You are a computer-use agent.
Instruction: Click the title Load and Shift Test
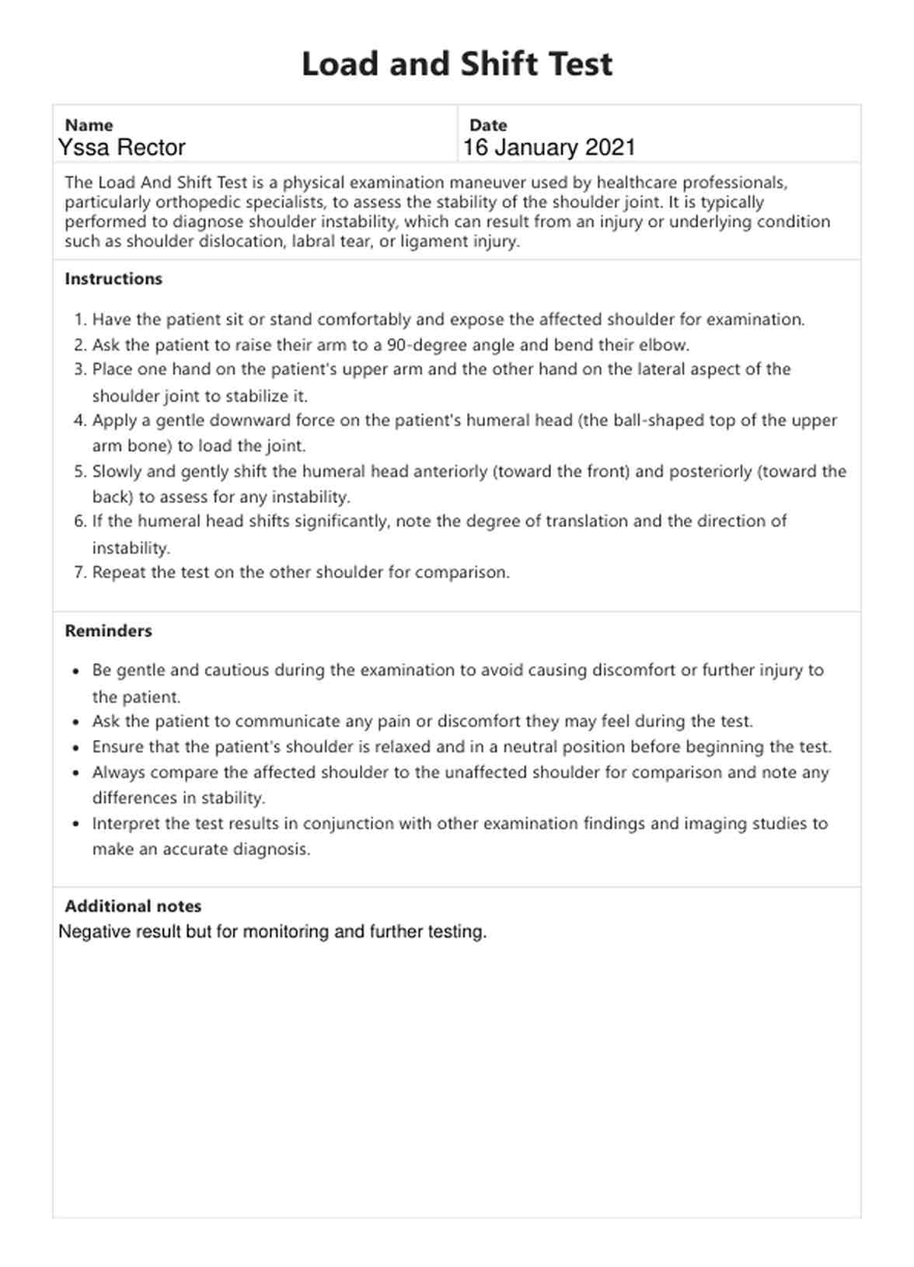(457, 64)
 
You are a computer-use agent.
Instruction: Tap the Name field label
(89, 125)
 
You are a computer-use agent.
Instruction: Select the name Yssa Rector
(122, 148)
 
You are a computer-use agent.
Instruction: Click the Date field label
(488, 125)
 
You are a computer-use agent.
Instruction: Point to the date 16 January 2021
(549, 148)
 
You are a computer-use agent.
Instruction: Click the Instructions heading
(113, 279)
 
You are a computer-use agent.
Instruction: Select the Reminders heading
(108, 631)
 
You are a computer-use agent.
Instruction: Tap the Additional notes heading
(133, 906)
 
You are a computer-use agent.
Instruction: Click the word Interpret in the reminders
(126, 823)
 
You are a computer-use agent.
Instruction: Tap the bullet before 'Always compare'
(75, 773)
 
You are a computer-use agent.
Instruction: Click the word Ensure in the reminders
(118, 747)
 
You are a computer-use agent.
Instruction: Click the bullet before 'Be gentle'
(75, 671)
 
